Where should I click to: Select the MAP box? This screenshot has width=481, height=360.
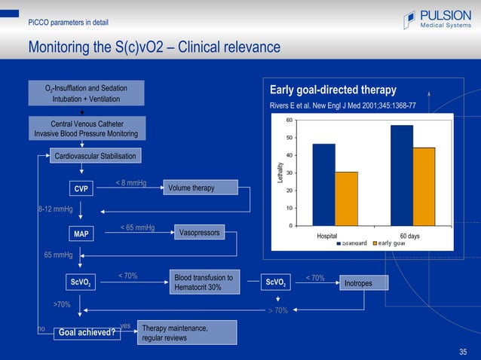81,234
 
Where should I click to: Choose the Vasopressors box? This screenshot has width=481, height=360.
199,233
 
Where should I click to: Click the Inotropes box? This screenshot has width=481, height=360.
363,283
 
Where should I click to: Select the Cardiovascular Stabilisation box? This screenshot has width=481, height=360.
95,157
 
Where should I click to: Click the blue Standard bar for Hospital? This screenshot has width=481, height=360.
323,185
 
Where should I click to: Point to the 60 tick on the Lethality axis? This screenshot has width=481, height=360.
290,120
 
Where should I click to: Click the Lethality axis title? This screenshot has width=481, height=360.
280,172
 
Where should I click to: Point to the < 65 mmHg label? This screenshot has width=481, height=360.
137,227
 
